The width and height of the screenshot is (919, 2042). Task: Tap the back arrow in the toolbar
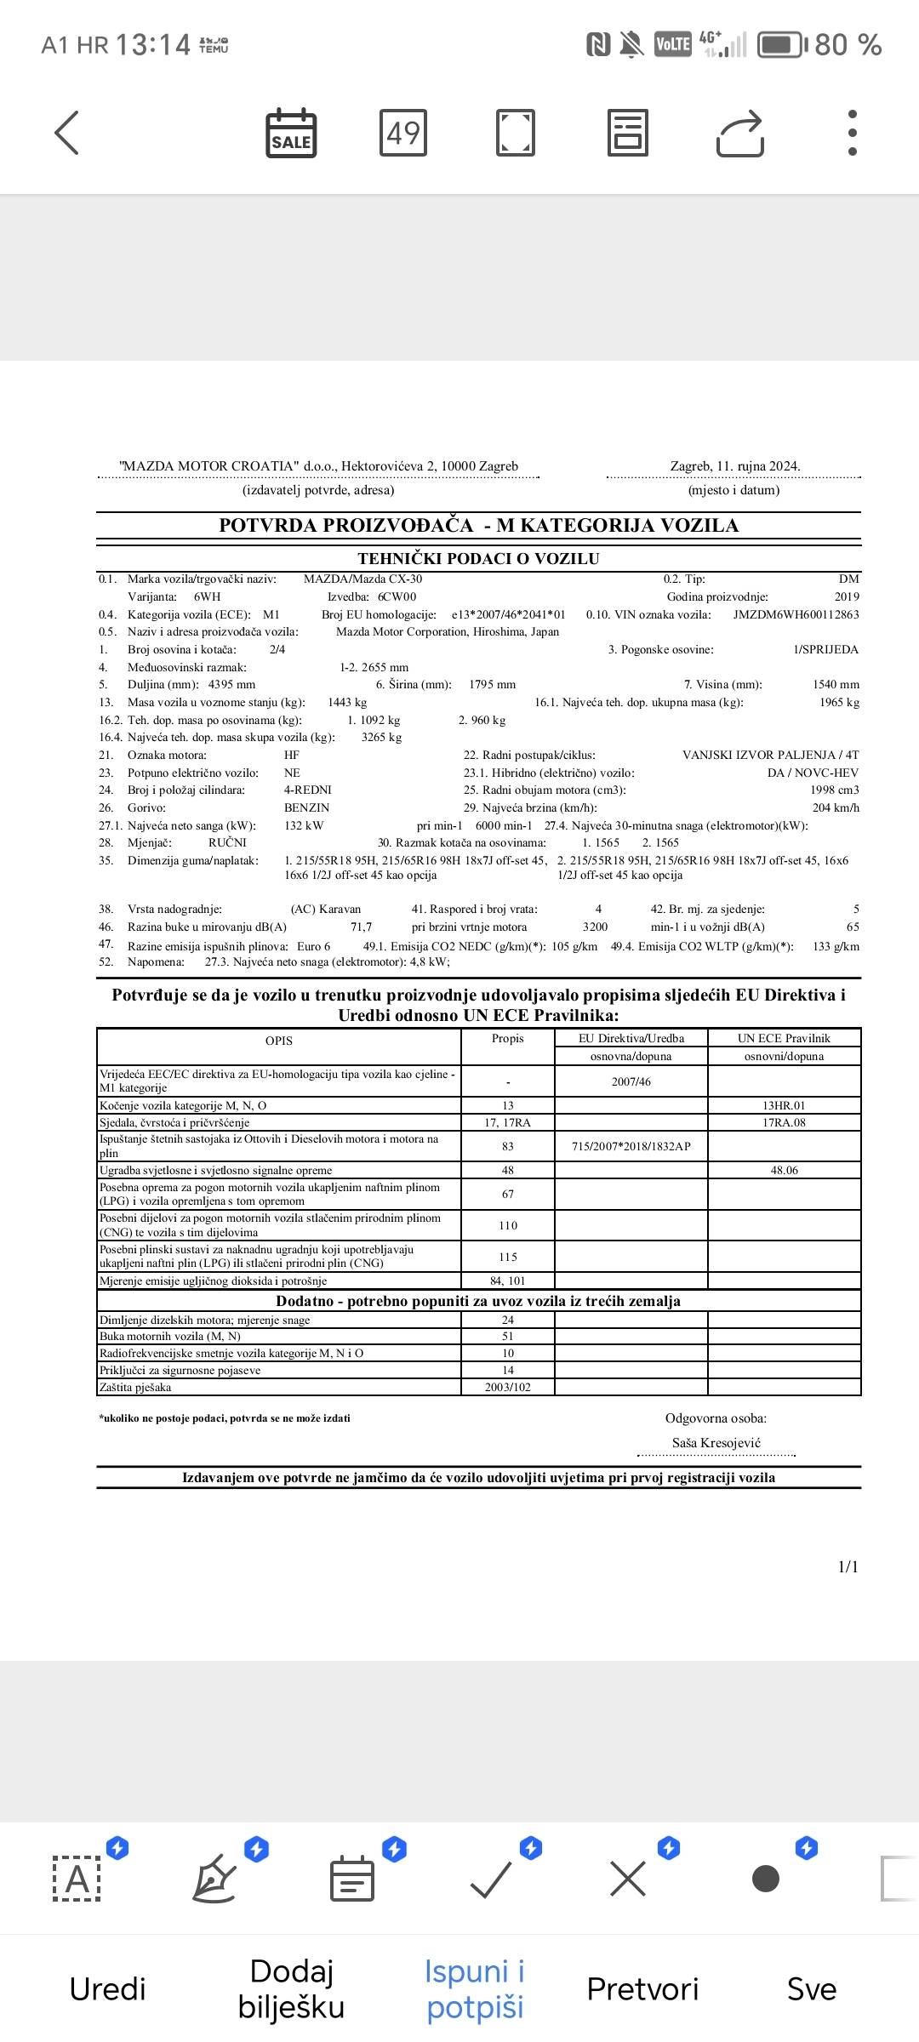pyautogui.click(x=66, y=133)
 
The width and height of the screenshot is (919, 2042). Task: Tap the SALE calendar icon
pyautogui.click(x=291, y=134)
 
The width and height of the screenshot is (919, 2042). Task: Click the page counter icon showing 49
pyautogui.click(x=403, y=133)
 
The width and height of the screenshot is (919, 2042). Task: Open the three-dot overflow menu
pyautogui.click(x=852, y=133)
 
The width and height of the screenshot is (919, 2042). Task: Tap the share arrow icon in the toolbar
pyautogui.click(x=740, y=134)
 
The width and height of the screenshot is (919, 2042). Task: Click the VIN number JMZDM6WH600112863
pyautogui.click(x=796, y=614)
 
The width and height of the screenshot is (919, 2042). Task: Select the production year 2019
pyautogui.click(x=847, y=596)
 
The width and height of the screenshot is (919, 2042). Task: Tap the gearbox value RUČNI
pyautogui.click(x=227, y=842)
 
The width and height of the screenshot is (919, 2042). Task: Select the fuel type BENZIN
pyautogui.click(x=306, y=807)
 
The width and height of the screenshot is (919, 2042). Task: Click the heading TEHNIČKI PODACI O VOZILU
pyautogui.click(x=478, y=559)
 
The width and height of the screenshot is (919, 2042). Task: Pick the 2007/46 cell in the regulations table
pyautogui.click(x=631, y=1081)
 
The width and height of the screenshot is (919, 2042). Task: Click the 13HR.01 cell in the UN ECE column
pyautogui.click(x=784, y=1105)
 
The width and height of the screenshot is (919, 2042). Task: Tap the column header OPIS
pyautogui.click(x=279, y=1041)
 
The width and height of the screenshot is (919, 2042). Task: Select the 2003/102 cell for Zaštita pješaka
pyautogui.click(x=508, y=1387)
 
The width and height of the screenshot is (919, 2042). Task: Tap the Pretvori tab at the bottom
pyautogui.click(x=642, y=1988)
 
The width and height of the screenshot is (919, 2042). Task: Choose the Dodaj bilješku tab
pyautogui.click(x=291, y=1988)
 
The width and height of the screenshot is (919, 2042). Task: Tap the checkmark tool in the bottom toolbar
pyautogui.click(x=492, y=1879)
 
